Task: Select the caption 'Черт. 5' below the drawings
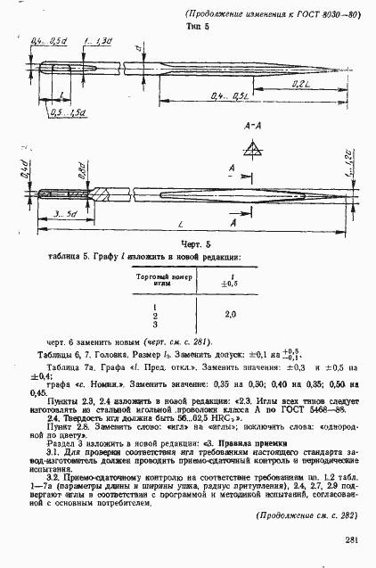[193, 244]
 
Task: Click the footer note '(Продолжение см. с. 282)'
[306, 515]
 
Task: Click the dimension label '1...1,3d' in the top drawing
[95, 41]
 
